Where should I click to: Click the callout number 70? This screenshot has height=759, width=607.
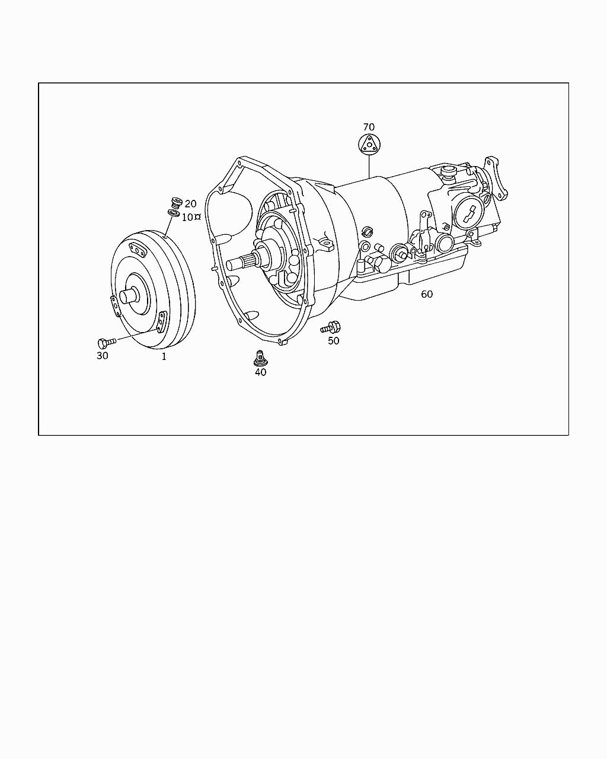(369, 127)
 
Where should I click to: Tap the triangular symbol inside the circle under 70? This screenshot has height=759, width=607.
(369, 144)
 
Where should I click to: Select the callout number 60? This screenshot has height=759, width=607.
(427, 294)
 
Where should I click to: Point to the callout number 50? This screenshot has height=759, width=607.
(333, 341)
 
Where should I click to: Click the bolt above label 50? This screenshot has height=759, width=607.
(331, 328)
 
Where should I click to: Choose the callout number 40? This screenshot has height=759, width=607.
(261, 372)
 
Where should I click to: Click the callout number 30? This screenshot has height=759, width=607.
(103, 356)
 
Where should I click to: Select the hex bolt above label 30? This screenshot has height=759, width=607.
(106, 343)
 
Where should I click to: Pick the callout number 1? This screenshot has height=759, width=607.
(164, 356)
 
